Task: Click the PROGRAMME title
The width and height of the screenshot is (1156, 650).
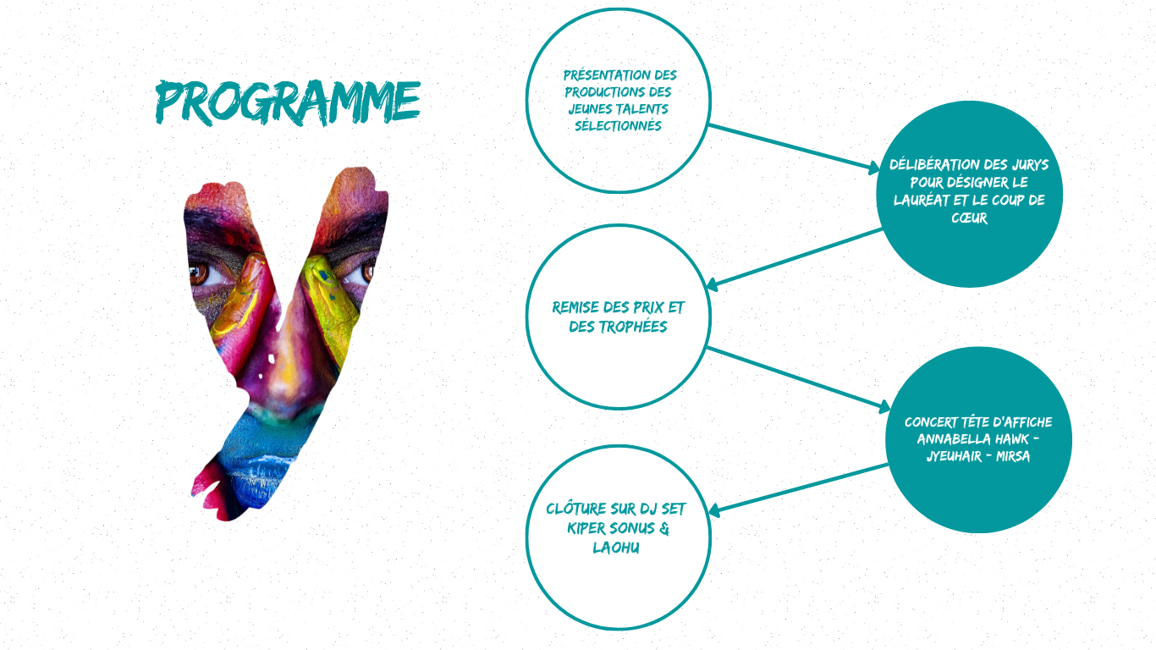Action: pyautogui.click(x=288, y=102)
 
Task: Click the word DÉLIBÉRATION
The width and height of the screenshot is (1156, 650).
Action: pyautogui.click(x=928, y=165)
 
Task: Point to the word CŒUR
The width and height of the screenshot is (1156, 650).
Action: pyautogui.click(x=969, y=218)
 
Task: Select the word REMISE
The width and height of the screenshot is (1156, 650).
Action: pyautogui.click(x=575, y=308)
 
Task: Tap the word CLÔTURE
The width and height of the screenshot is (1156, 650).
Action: pyautogui.click(x=576, y=509)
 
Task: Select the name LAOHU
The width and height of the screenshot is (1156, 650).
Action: pyautogui.click(x=616, y=548)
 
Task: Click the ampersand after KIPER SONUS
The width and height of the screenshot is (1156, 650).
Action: pyautogui.click(x=664, y=528)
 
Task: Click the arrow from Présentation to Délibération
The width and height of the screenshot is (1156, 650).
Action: pyautogui.click(x=795, y=146)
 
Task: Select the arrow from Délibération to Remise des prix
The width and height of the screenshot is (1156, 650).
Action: pyautogui.click(x=795, y=257)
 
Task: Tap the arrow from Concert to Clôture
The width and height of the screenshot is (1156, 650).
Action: pyautogui.click(x=798, y=488)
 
